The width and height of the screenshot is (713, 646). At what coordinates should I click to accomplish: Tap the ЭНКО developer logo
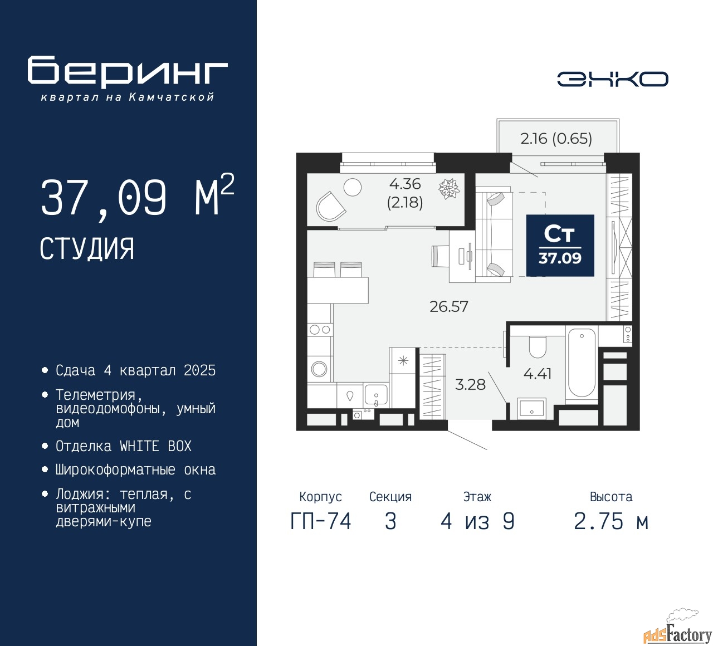612,79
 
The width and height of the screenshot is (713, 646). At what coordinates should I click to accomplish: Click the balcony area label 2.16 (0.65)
556,139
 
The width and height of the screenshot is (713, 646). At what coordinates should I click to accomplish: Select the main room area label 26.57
449,306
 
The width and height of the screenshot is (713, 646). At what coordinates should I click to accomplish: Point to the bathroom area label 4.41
538,374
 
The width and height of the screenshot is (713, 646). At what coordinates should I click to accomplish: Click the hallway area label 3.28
470,384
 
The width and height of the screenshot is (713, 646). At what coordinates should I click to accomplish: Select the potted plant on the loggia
449,189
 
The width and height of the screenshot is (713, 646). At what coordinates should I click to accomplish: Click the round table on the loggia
352,187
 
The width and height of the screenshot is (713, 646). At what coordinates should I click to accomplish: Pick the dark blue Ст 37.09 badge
560,245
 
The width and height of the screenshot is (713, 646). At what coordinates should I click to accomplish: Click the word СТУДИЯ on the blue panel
87,249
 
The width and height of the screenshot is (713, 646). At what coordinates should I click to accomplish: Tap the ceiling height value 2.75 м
611,521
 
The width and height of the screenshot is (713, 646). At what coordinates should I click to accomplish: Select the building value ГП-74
321,521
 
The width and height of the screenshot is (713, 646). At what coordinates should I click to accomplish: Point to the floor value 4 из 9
477,521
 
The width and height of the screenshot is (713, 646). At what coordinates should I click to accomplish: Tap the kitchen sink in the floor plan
375,395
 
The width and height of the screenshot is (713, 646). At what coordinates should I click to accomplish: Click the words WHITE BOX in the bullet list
155,446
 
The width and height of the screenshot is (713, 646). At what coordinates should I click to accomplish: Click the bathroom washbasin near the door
531,408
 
